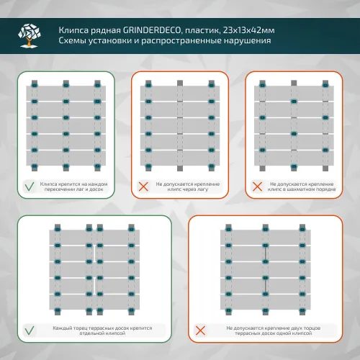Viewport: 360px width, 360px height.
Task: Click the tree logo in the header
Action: tap(29, 35)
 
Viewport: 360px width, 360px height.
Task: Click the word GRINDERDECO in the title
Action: tap(152, 30)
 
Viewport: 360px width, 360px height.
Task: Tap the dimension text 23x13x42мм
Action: tap(248, 30)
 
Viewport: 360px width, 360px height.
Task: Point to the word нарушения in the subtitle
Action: tap(248, 41)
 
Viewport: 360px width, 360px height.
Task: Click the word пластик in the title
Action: tap(202, 31)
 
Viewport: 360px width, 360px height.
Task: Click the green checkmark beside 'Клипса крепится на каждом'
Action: tap(30, 186)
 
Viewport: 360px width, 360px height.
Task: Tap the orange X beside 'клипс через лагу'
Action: tap(143, 186)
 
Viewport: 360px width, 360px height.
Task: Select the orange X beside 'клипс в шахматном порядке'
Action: tap(257, 186)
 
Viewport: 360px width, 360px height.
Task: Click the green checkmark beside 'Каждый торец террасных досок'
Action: tap(30, 330)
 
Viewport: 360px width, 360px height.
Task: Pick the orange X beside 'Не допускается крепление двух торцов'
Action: tap(200, 330)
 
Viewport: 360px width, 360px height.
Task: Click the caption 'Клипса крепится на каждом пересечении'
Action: tap(73, 186)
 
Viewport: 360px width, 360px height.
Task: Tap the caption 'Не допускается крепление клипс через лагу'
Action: tap(188, 186)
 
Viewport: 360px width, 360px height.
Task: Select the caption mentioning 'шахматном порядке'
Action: tap(302, 186)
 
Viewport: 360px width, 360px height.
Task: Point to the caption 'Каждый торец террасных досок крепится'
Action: tap(102, 330)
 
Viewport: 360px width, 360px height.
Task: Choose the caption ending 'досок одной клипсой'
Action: tap(274, 330)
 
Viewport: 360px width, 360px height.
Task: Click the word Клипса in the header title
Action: tap(73, 30)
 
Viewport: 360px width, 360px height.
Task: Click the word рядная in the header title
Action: tap(106, 31)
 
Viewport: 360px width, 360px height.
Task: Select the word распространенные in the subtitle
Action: tap(181, 41)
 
